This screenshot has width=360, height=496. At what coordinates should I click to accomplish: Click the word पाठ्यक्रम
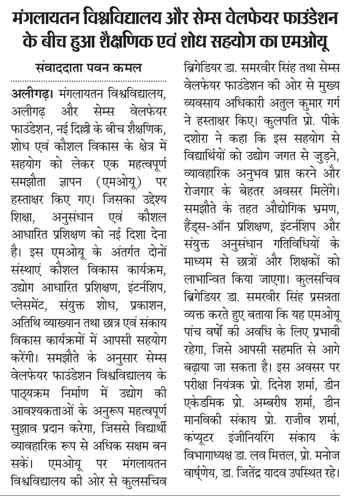[x=30, y=393]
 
